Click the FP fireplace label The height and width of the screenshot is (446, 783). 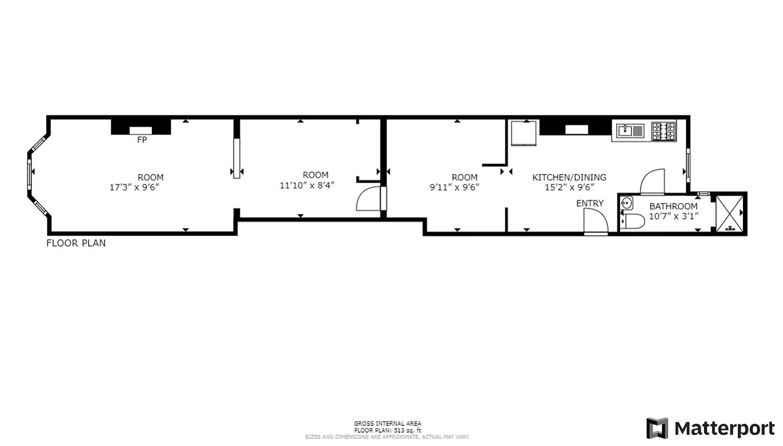click(x=142, y=140)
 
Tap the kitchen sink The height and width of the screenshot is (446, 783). click(x=630, y=132)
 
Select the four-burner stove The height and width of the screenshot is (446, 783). click(x=664, y=132)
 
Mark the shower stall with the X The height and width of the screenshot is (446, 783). click(x=729, y=212)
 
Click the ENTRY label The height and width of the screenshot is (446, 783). click(x=589, y=203)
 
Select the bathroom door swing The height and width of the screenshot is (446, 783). click(x=652, y=182)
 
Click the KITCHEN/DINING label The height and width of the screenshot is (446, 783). click(x=569, y=177)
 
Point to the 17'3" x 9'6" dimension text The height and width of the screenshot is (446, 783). click(x=134, y=188)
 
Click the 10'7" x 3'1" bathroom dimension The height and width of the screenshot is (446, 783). click(x=673, y=216)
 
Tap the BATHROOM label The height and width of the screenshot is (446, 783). click(x=673, y=206)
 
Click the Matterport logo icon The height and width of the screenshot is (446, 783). click(x=657, y=428)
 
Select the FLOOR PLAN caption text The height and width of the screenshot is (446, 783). click(x=76, y=243)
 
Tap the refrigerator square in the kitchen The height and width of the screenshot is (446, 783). click(x=524, y=132)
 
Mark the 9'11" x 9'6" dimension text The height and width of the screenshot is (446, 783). click(x=455, y=188)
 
